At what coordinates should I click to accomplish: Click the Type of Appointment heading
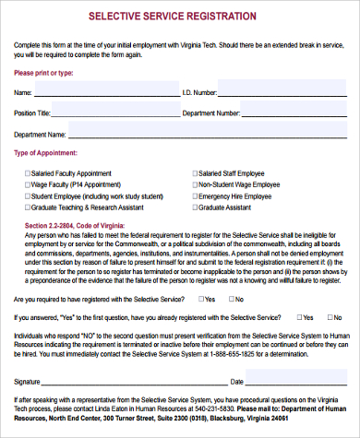51,153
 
